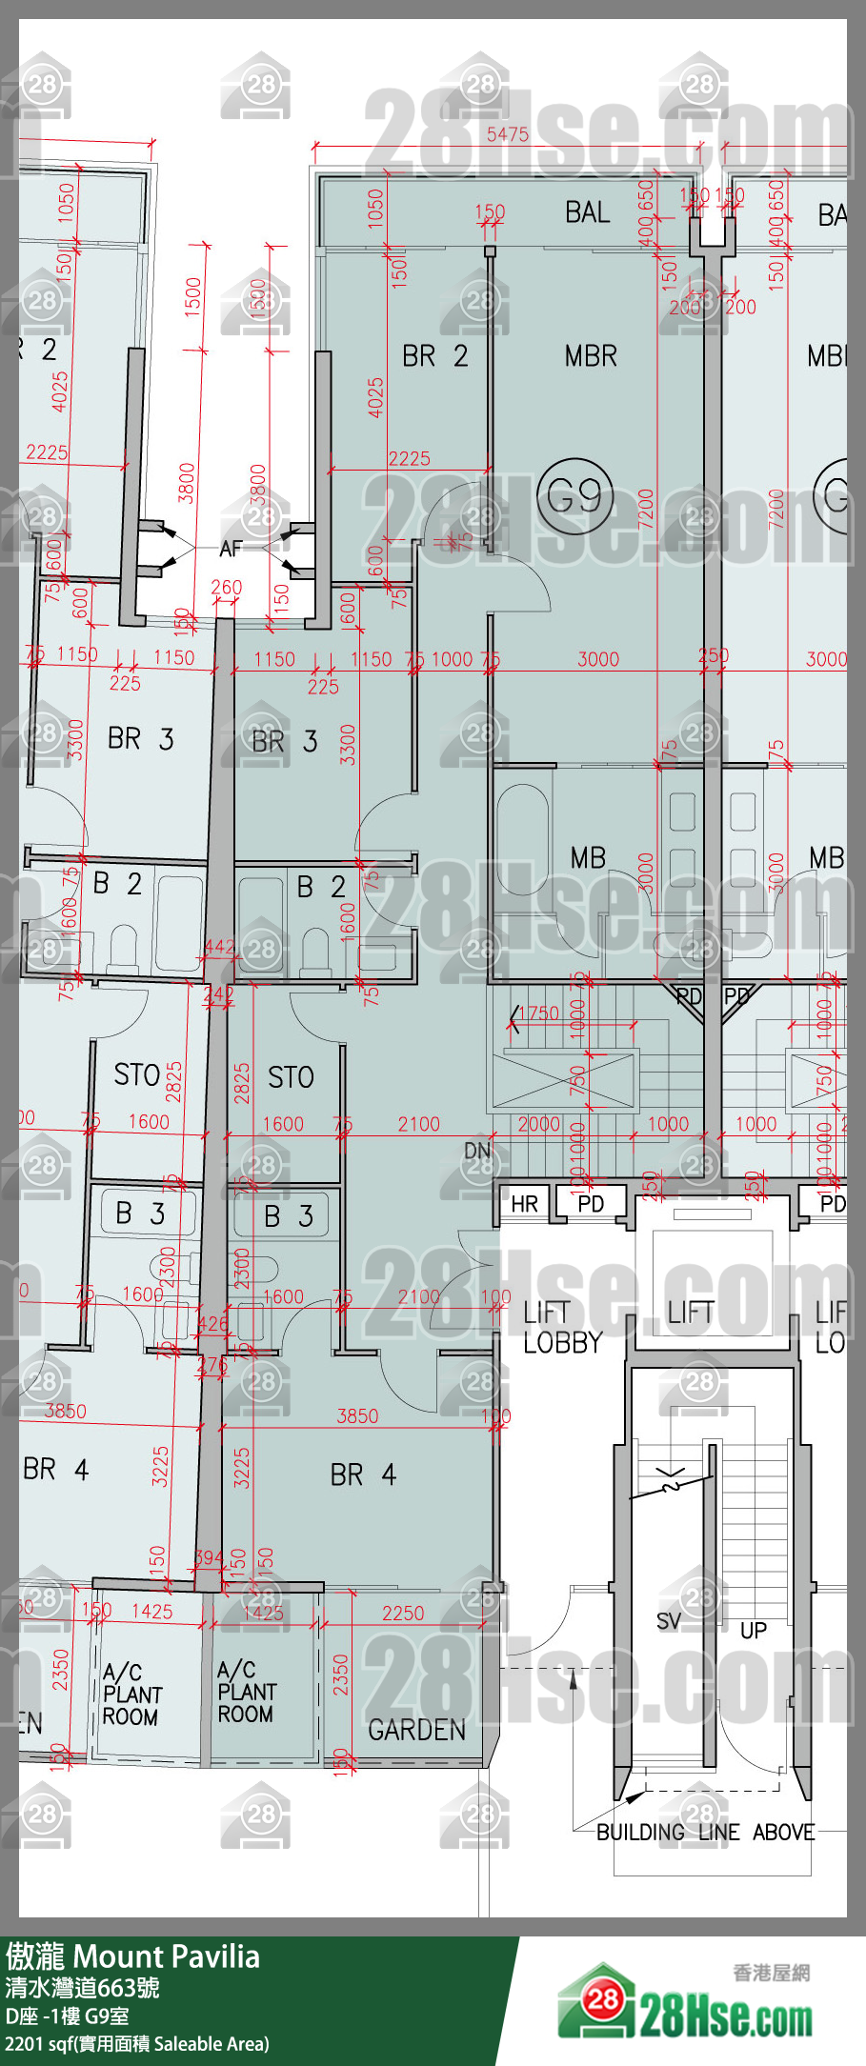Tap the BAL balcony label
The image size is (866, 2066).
587,211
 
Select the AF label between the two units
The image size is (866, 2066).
231,549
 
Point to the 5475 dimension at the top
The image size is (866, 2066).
507,134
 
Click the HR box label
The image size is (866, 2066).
524,1204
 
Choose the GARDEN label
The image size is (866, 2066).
416,1730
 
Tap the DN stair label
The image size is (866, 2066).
477,1151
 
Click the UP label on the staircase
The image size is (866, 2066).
754,1630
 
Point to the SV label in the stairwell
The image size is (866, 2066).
669,1620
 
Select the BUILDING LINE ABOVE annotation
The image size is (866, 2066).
705,1832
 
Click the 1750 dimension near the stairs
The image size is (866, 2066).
539,1013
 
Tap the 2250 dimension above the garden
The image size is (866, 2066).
403,1613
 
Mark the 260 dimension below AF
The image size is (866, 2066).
226,588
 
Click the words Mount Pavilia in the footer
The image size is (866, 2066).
166,1956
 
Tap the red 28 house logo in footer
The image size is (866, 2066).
603,1997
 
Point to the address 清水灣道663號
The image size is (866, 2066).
83,1988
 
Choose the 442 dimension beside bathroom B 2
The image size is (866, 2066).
219,947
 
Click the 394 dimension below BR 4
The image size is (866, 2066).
209,1557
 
